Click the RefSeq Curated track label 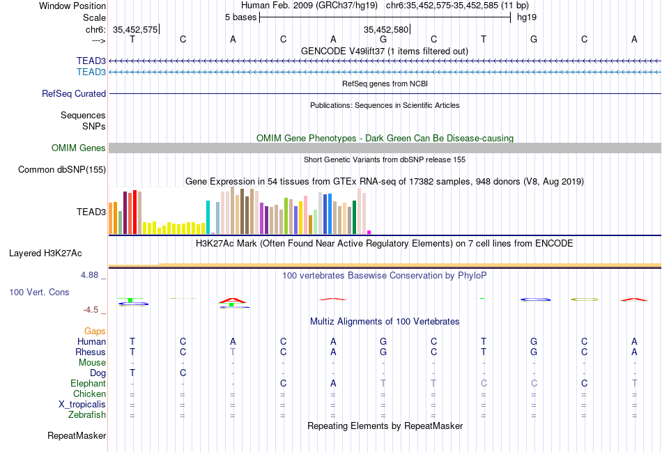(74, 93)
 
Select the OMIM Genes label (78, 148)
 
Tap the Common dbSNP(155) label (61, 169)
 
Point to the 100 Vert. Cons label (39, 293)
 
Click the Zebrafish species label (87, 415)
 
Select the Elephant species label (88, 384)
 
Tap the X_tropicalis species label (82, 405)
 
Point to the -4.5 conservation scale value (91, 310)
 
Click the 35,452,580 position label (385, 29)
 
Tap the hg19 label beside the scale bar (526, 17)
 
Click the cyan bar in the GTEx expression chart (208, 217)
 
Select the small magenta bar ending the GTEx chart (369, 232)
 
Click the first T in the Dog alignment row (132, 373)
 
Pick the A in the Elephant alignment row (333, 384)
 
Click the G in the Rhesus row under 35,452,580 (383, 352)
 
